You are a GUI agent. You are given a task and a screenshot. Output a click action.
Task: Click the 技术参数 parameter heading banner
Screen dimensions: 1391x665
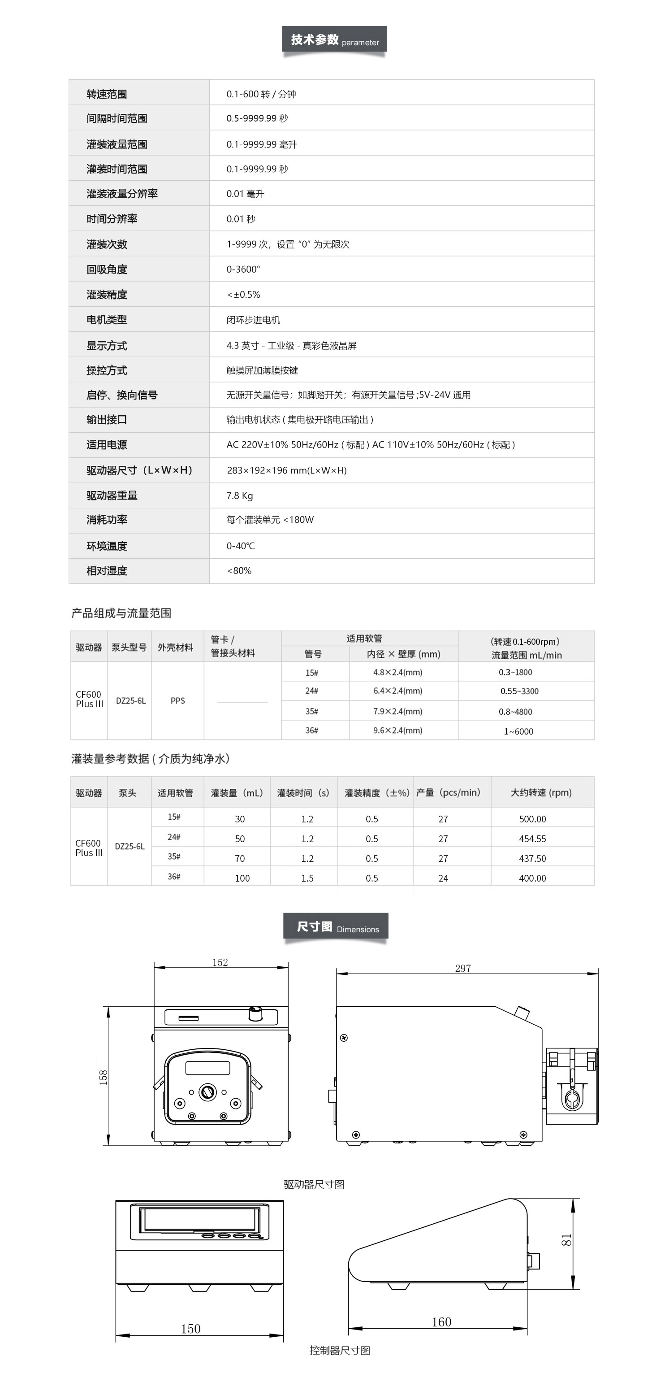point(334,39)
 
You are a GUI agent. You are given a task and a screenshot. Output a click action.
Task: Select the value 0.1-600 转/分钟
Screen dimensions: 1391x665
point(261,94)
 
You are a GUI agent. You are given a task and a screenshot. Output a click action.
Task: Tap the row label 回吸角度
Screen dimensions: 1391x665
point(107,270)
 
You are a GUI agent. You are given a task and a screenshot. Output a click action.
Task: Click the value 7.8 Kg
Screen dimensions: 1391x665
point(240,496)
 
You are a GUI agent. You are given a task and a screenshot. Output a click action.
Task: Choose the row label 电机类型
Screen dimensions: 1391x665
point(107,320)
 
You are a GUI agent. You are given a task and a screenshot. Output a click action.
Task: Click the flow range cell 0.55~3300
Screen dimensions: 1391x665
point(519,691)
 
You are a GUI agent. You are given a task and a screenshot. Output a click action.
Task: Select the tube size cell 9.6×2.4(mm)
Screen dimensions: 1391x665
point(398,730)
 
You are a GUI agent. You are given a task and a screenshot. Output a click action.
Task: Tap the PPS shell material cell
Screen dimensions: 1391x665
point(177,701)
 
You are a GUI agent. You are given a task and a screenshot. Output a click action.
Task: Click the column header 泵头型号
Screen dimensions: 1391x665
point(129,648)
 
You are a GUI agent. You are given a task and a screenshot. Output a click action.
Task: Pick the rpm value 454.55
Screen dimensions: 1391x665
point(532,839)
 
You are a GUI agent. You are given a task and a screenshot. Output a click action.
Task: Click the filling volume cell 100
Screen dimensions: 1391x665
point(242,878)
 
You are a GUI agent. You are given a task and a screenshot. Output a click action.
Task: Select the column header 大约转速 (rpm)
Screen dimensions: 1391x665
point(541,793)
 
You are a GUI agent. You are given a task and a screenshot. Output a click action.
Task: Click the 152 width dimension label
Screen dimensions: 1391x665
point(220,963)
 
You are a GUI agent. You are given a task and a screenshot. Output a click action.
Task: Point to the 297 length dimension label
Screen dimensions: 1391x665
point(462,969)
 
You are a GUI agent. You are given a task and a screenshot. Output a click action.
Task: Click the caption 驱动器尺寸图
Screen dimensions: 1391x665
point(314,1184)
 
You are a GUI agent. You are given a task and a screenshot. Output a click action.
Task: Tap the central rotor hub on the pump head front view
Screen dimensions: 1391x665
point(208,1092)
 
